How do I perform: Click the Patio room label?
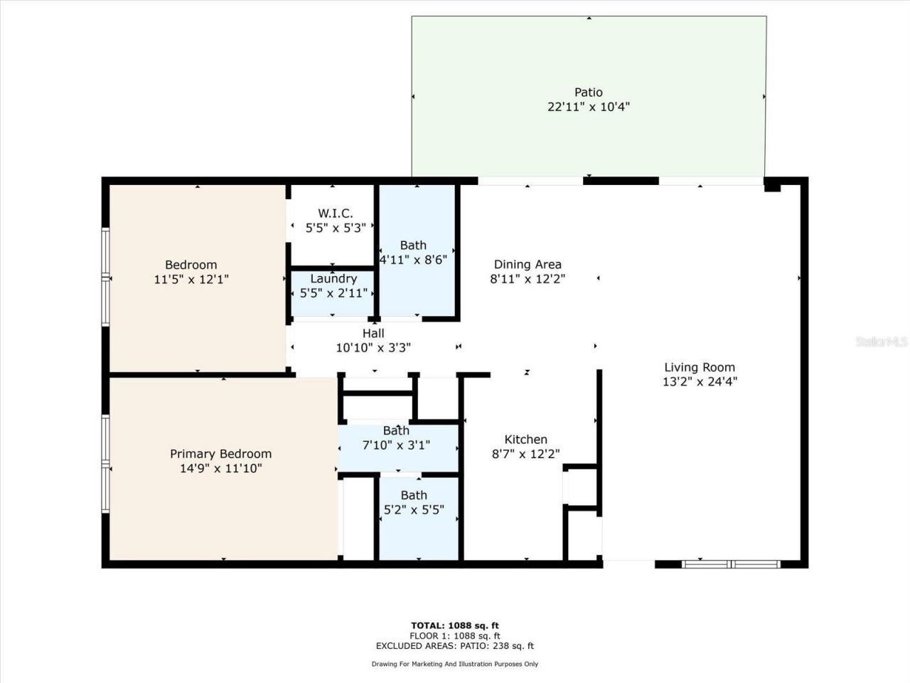(588, 92)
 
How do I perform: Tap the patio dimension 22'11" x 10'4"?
(588, 107)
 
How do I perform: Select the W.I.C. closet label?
(335, 213)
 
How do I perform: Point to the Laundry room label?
(333, 279)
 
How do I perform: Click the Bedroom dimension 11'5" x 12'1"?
(191, 280)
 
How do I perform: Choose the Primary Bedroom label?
(220, 454)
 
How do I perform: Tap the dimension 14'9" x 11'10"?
(220, 468)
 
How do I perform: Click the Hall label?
(373, 333)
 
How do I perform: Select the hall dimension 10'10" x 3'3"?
(373, 348)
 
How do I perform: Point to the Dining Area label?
(528, 265)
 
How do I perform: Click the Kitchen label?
(525, 440)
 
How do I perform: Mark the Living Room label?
(700, 367)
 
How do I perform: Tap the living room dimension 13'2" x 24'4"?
(700, 381)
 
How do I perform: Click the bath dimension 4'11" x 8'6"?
(413, 260)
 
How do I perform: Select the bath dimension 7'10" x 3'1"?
(396, 445)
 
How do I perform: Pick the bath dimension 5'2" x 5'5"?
(414, 509)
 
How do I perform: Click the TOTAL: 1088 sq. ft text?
(455, 626)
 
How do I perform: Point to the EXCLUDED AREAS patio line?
(455, 646)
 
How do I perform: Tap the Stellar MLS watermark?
(882, 342)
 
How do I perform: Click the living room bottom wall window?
(731, 564)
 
